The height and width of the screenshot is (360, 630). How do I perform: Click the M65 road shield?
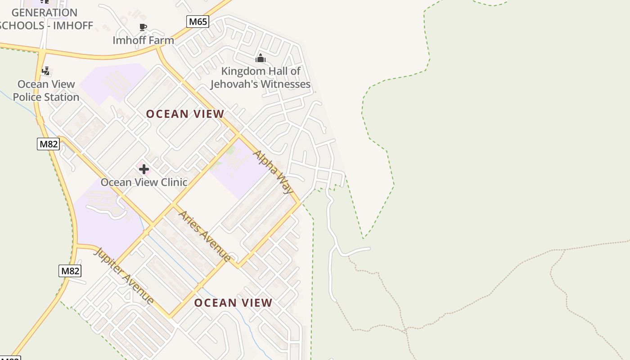198,21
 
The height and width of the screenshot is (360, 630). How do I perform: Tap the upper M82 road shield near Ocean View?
48,144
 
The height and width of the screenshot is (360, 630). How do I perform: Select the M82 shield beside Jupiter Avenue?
70,271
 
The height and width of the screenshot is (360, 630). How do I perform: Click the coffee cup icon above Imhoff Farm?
143,27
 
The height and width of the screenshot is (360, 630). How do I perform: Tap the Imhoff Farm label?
143,40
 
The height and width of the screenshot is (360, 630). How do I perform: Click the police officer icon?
45,71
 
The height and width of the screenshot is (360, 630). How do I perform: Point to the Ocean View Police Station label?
46,90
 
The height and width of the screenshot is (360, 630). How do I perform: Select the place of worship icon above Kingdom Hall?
261,58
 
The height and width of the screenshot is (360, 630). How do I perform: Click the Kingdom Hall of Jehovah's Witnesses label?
261,77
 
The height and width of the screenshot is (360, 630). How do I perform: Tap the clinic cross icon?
144,169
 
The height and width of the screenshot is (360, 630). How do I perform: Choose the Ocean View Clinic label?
144,182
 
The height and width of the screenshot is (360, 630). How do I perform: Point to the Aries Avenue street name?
205,236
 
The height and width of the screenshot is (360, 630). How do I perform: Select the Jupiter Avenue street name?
124,276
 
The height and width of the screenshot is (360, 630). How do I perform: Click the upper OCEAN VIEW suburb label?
185,114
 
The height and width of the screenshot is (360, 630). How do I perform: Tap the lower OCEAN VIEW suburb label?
233,303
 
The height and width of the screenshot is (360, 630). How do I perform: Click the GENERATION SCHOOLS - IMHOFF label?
45,19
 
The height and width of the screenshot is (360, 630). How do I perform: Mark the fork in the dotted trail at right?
564,250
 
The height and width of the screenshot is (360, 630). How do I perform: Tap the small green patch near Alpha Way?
230,150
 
